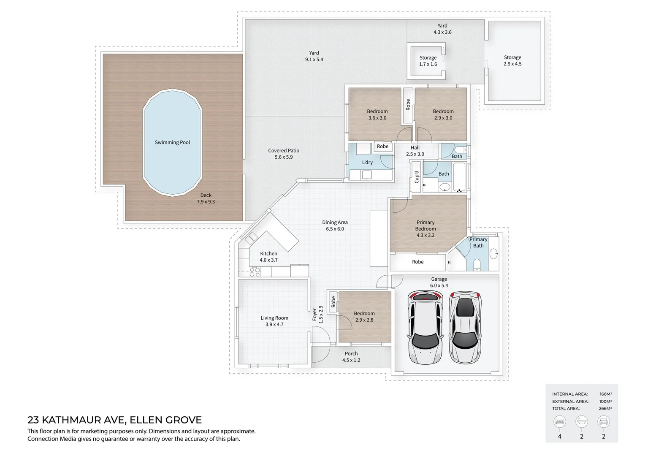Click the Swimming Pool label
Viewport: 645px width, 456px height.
172,143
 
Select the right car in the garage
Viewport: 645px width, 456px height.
465,327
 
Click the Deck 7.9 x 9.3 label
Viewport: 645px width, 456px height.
206,198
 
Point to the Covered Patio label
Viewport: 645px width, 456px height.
284,154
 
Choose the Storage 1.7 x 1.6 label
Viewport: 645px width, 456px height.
428,61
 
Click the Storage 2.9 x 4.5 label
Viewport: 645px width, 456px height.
512,60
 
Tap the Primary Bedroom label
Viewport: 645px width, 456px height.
425,228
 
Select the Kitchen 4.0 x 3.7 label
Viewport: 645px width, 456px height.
268,257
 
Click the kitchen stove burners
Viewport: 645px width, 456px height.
255,272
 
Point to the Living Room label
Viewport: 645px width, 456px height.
274,321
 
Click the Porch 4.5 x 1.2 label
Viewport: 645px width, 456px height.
351,357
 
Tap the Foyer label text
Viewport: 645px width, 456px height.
314,315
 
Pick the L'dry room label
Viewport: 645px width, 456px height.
367,163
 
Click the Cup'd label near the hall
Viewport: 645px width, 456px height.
417,177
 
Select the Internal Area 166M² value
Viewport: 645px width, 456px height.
605,394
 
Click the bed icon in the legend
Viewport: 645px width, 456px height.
560,421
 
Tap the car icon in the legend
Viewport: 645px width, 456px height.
603,421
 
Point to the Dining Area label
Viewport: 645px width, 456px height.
335,225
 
